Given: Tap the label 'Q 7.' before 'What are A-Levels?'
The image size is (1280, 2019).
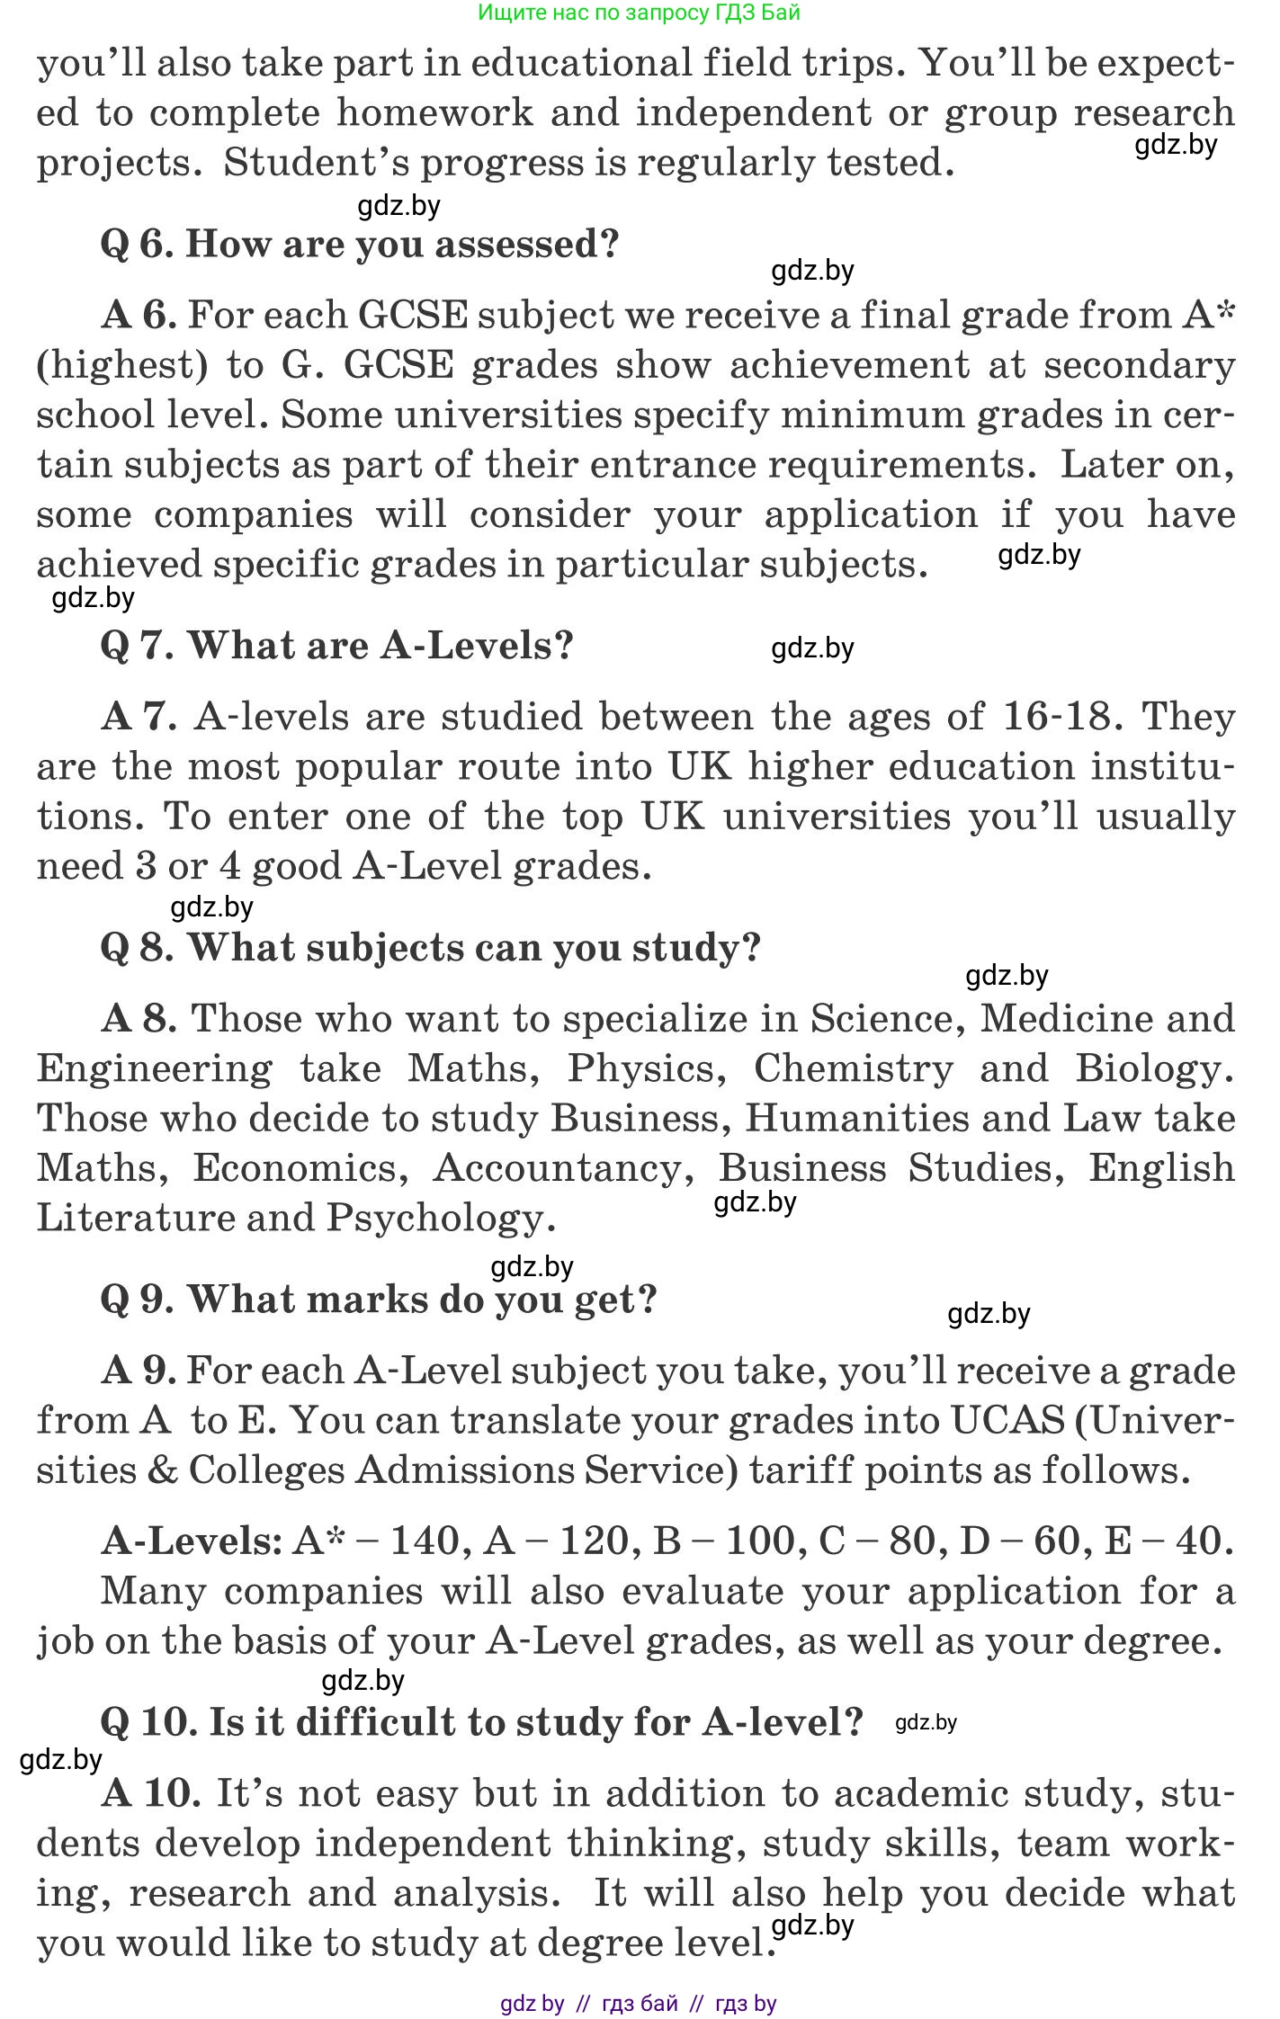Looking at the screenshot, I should click(138, 646).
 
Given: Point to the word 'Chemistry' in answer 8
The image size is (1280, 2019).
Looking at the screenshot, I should click(853, 1068).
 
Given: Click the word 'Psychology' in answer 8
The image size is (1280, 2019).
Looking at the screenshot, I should click(437, 1219).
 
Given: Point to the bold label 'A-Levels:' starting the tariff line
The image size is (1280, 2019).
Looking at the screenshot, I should click(192, 1541).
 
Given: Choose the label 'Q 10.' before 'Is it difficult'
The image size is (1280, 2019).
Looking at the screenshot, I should click(148, 1722).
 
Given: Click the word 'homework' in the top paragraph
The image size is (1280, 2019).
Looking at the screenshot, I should click(435, 113).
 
